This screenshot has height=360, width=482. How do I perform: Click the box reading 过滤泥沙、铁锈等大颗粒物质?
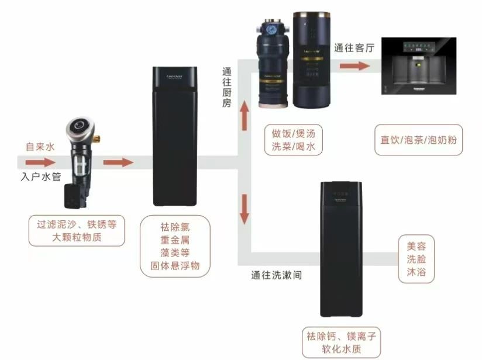point(77,230)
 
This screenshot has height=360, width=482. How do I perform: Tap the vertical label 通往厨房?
point(227,88)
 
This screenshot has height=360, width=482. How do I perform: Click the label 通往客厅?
point(353,49)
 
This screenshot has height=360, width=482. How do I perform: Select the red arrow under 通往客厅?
point(354,66)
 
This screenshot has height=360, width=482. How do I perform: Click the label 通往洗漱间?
point(277,274)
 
